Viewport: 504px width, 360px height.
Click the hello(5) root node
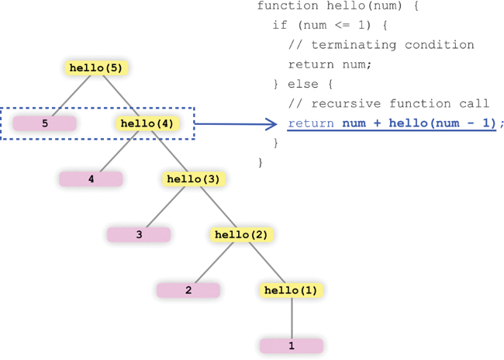tap(95, 67)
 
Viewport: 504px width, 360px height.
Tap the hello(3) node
tap(194, 178)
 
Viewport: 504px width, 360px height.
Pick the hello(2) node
tap(242, 234)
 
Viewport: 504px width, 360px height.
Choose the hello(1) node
tap(292, 290)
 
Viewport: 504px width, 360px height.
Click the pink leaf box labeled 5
tap(45, 123)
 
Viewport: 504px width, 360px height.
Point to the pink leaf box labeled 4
tap(91, 178)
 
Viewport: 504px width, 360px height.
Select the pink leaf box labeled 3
tap(139, 234)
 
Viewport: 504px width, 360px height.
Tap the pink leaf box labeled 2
tap(188, 290)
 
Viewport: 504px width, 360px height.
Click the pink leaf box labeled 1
tap(292, 345)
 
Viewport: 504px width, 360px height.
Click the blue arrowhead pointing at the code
tap(271, 123)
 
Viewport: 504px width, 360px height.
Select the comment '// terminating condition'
tap(381, 45)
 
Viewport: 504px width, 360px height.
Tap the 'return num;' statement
tap(330, 64)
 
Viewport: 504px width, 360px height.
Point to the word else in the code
tap(303, 84)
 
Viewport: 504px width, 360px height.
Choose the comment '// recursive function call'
tap(388, 103)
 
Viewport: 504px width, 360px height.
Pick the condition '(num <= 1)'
tap(326, 26)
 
